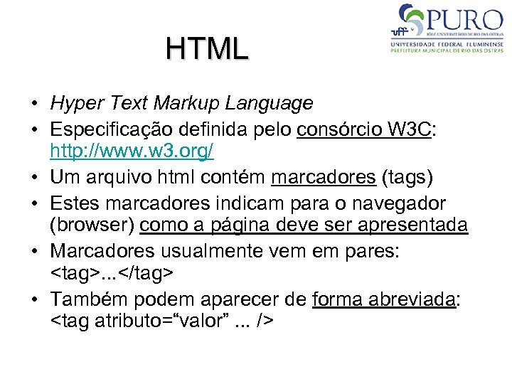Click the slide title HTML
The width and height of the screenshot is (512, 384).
point(207,48)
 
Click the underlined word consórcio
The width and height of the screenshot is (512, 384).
point(338,131)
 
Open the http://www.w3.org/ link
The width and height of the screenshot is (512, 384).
point(132,151)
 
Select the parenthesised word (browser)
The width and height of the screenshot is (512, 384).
point(92,225)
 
